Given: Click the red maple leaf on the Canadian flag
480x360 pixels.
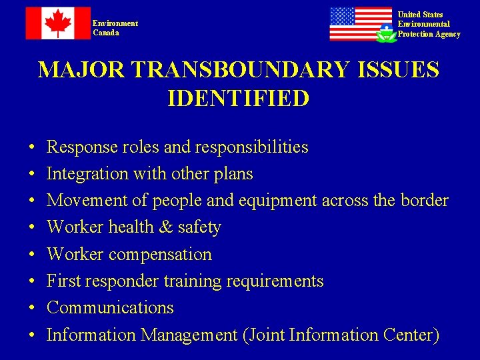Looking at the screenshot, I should pyautogui.click(x=58, y=23).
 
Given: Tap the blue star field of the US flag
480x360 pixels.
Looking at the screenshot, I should pyautogui.click(x=342, y=17).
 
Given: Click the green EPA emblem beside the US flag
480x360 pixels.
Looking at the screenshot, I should pyautogui.click(x=386, y=33).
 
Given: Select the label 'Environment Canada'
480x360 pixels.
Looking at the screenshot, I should pyautogui.click(x=115, y=28).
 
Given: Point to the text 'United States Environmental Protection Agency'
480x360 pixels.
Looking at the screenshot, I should pyautogui.click(x=429, y=24).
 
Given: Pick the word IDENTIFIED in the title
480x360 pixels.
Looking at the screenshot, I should pyautogui.click(x=239, y=99).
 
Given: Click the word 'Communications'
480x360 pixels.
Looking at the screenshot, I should pyautogui.click(x=110, y=308).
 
